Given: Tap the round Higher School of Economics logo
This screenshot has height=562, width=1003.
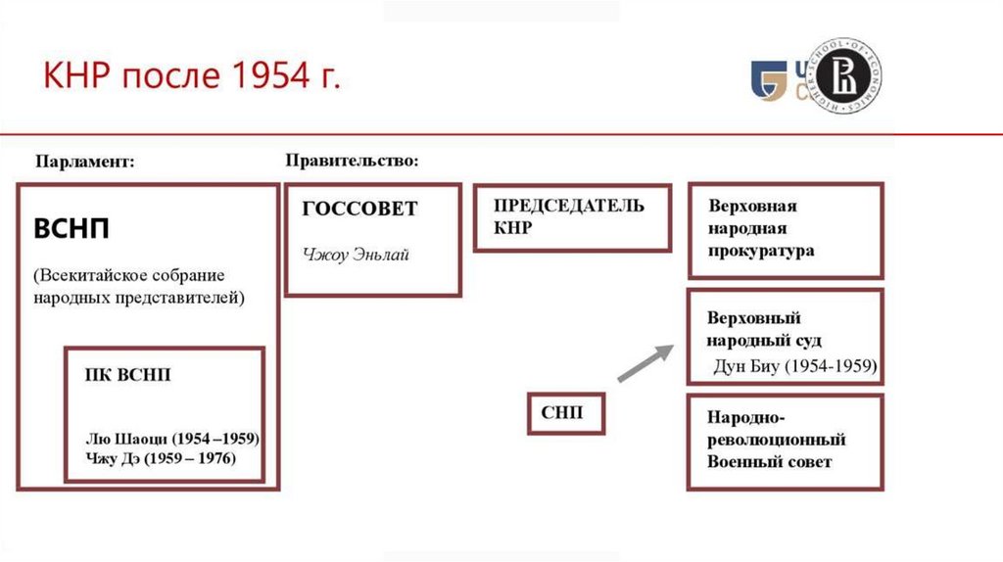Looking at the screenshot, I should [843, 76].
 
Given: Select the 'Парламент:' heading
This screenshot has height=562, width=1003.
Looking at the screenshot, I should [85, 162].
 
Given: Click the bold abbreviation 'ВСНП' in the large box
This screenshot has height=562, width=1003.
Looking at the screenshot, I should [72, 230].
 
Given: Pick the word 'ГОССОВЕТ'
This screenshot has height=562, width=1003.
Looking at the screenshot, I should [359, 209].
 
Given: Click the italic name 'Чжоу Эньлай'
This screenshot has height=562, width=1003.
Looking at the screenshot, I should [355, 256].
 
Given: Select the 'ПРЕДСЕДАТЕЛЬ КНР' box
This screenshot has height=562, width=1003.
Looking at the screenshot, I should [572, 216].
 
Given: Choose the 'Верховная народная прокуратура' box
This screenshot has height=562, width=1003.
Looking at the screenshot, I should [785, 228].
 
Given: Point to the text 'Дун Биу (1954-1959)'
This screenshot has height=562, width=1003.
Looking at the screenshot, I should [796, 368].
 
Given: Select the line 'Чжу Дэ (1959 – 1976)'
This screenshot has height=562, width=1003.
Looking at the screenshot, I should [161, 458].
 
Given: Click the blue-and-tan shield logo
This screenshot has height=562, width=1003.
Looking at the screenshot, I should [769, 79].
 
